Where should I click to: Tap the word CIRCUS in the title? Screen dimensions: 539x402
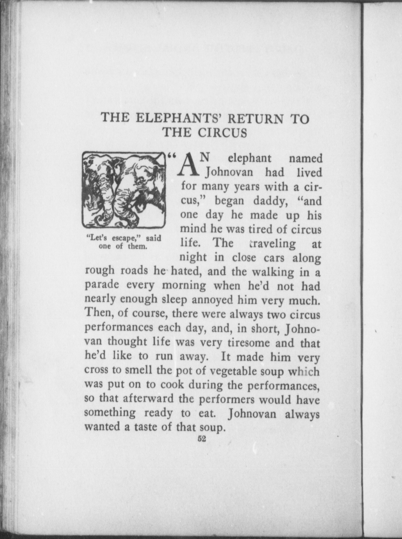pos(222,132)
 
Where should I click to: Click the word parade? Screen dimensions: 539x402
pos(102,286)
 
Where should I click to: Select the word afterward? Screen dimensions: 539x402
pos(149,399)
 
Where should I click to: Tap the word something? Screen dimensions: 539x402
pos(110,413)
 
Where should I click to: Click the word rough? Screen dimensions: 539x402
pos(99,271)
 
